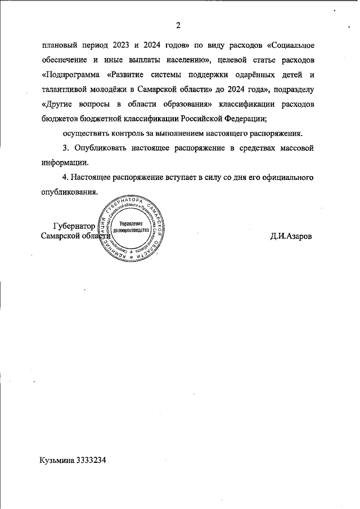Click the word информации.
[x=65, y=163]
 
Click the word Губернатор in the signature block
[x=73, y=227]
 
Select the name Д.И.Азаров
[x=291, y=236]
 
